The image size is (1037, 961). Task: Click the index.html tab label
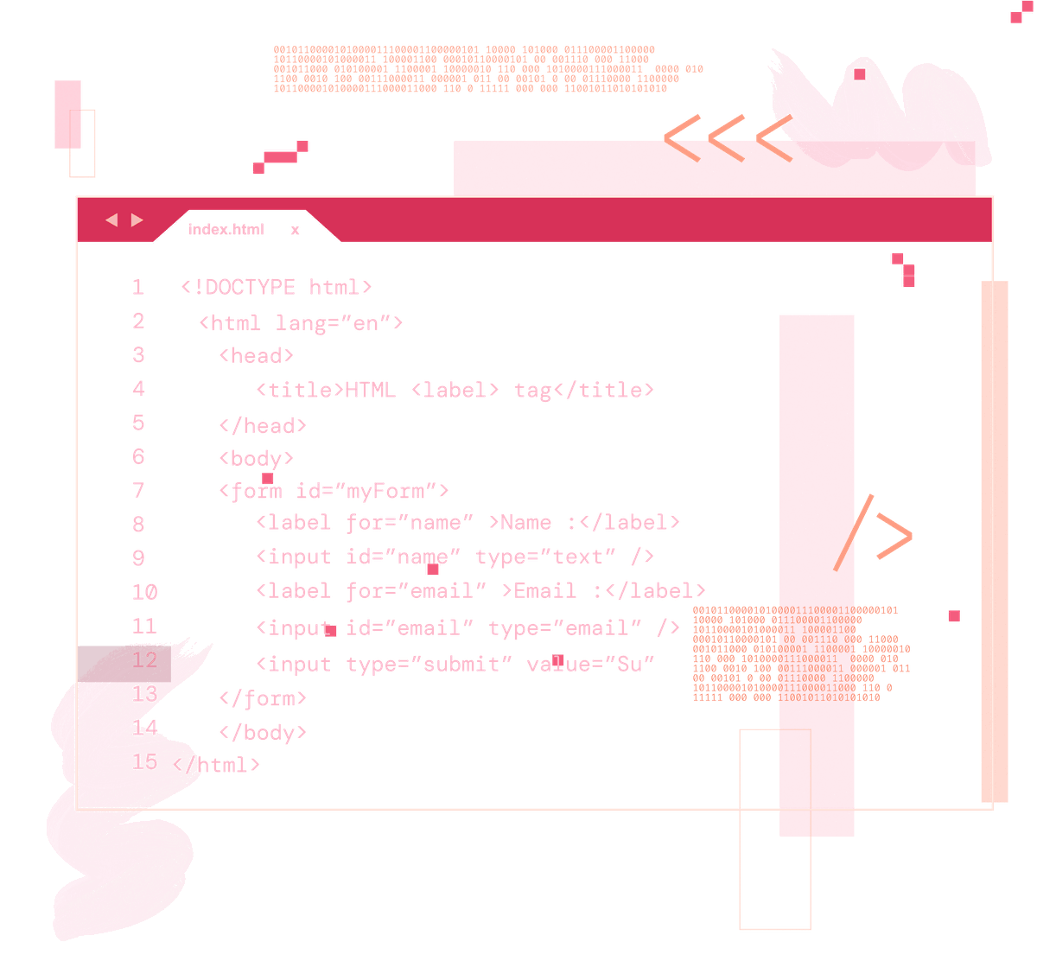(x=226, y=229)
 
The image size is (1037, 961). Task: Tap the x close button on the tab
(x=296, y=230)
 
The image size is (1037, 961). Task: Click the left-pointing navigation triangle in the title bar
(x=111, y=220)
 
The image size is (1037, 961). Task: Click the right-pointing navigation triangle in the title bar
(x=137, y=220)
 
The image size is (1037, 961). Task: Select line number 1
(x=137, y=287)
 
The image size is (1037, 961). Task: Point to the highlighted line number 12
(x=144, y=660)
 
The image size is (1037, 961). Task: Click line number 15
(x=144, y=761)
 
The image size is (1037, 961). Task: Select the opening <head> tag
(x=256, y=355)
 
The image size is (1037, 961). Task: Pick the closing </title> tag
(x=604, y=390)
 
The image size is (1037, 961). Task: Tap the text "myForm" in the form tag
(x=385, y=492)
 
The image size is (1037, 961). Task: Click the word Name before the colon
(x=526, y=523)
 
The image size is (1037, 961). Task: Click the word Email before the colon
(x=545, y=591)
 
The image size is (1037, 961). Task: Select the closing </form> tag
(x=263, y=697)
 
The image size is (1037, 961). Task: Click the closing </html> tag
(x=216, y=764)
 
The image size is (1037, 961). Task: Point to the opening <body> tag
(x=256, y=457)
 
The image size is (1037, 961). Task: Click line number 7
(x=138, y=491)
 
